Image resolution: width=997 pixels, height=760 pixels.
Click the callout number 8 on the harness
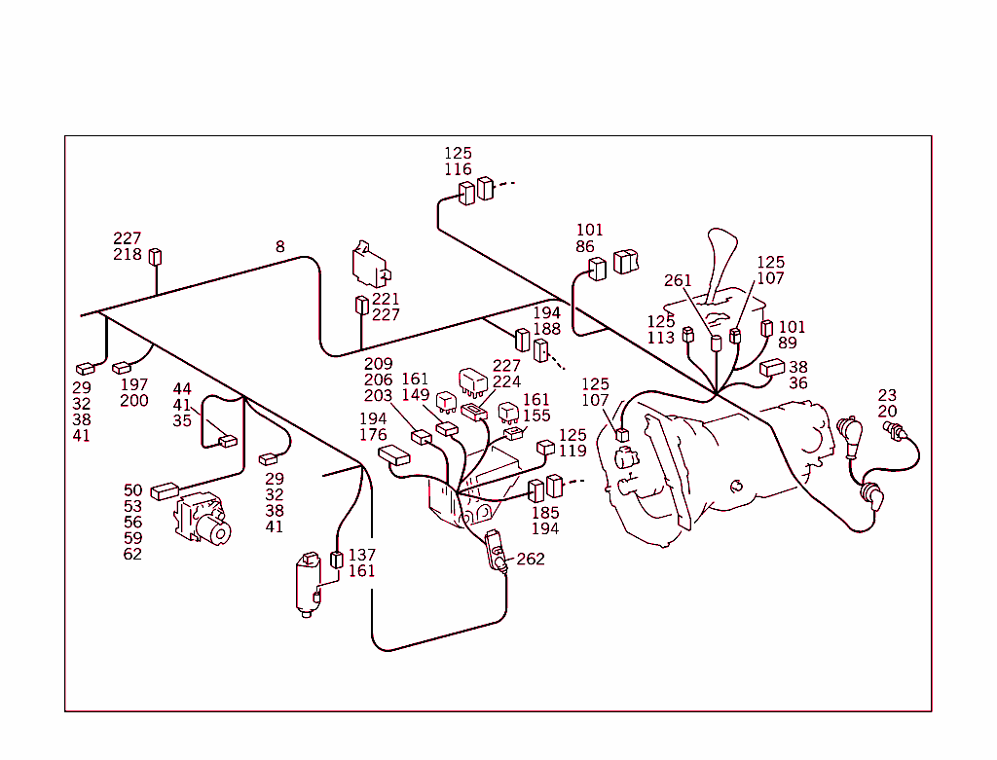coord(280,247)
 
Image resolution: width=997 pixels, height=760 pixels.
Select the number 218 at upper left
coord(127,255)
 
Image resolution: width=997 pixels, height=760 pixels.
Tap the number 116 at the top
coord(458,170)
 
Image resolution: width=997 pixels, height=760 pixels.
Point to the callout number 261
coord(678,281)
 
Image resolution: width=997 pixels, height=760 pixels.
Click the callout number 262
coord(531,560)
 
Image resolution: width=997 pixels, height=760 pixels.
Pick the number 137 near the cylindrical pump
coord(361,556)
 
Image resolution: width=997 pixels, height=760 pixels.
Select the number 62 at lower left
coord(133,555)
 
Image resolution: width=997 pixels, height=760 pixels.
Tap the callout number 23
coord(887,395)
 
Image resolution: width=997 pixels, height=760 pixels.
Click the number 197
coord(134,385)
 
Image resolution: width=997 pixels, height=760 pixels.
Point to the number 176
coord(373,435)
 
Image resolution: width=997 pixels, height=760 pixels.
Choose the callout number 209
coord(378,364)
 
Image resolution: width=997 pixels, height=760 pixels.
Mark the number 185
coord(545,513)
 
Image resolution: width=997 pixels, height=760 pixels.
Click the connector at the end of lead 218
coord(155,257)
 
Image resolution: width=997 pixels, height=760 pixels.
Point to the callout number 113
coord(661,338)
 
